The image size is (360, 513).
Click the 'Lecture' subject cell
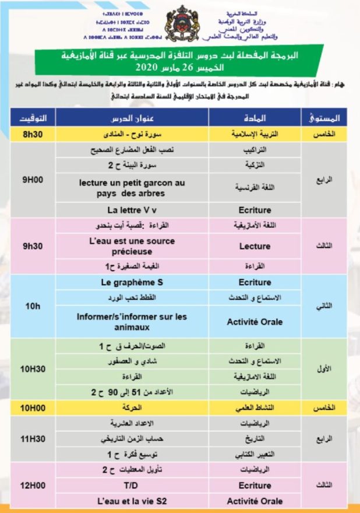click(x=255, y=246)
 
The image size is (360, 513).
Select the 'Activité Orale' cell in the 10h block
click(x=255, y=321)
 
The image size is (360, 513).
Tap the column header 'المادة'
click(x=255, y=117)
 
